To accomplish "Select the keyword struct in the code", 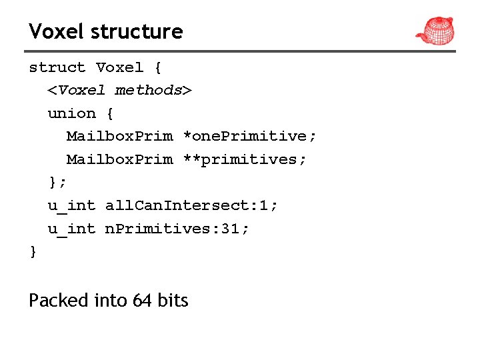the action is pos(57,67).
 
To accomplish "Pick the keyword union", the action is pos(71,113).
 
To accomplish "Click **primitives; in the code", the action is pos(245,159).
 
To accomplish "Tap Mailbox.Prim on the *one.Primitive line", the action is pos(119,136).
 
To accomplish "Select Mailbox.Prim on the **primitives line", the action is pos(119,159).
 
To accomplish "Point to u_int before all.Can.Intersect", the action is pos(71,205).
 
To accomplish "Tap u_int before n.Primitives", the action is pos(71,229).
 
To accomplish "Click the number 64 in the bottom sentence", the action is pos(142,301).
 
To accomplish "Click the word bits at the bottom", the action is pos(173,301).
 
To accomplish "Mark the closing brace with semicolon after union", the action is pos(57,182).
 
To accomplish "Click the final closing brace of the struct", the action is pos(33,252).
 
